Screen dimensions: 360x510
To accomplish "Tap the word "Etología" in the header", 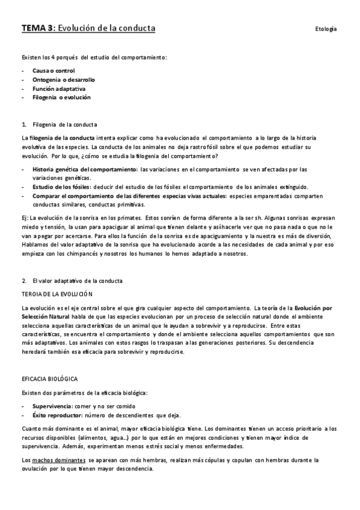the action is tap(325, 29).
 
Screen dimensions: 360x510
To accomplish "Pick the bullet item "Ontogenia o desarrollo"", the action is tap(63, 79).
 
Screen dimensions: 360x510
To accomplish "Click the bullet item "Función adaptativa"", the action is tap(59, 88).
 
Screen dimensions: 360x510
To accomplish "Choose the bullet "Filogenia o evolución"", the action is tap(61, 97).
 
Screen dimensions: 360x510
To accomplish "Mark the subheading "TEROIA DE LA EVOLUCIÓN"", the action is tap(56, 294).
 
